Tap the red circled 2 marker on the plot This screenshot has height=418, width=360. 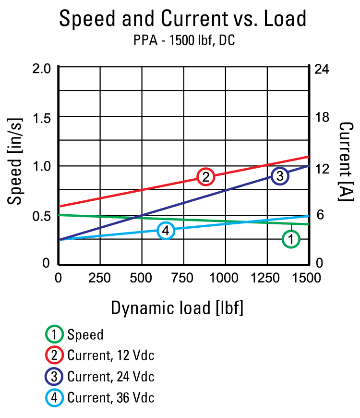[205, 176]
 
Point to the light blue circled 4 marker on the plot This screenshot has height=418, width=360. [166, 231]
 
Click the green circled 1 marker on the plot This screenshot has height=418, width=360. [291, 239]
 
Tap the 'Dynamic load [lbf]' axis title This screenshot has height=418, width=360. [177, 307]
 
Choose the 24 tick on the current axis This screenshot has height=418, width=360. [321, 68]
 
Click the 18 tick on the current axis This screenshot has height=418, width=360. [321, 117]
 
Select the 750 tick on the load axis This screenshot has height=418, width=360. [183, 278]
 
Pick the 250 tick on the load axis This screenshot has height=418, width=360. [100, 278]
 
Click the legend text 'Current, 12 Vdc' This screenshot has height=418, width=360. [111, 355]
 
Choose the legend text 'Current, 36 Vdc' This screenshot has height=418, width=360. [111, 397]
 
